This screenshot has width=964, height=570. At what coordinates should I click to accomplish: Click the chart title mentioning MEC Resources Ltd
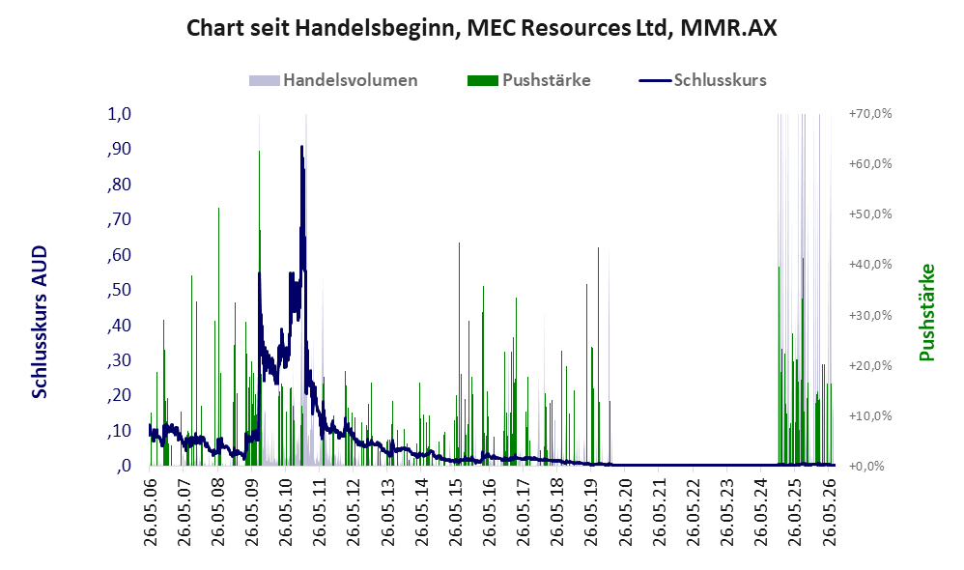pyautogui.click(x=481, y=28)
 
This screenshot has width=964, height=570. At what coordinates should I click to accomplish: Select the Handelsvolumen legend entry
pyautogui.click(x=333, y=80)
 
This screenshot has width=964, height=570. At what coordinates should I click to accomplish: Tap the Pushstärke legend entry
pyautogui.click(x=529, y=80)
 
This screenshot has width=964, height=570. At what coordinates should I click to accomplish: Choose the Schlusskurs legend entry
pyautogui.click(x=702, y=80)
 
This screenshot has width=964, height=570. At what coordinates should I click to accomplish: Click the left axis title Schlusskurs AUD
pyautogui.click(x=40, y=323)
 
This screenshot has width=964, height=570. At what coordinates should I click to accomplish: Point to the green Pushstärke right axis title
pyautogui.click(x=926, y=312)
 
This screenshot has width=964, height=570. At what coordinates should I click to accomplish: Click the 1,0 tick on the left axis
pyautogui.click(x=119, y=114)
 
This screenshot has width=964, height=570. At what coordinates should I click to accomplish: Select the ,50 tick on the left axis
pyautogui.click(x=119, y=290)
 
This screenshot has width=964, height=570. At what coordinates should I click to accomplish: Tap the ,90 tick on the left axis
pyautogui.click(x=119, y=149)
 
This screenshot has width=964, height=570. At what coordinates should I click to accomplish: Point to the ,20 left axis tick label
pyautogui.click(x=119, y=395)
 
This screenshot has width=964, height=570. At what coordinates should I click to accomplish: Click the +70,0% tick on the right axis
pyautogui.click(x=870, y=114)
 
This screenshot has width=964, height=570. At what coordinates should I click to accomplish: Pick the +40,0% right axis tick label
pyautogui.click(x=870, y=265)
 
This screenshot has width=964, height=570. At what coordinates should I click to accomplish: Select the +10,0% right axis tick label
pyautogui.click(x=870, y=415)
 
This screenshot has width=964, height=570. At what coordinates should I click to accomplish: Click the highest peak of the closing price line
pyautogui.click(x=301, y=146)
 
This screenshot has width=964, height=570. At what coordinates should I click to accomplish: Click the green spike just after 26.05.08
pyautogui.click(x=219, y=336)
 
